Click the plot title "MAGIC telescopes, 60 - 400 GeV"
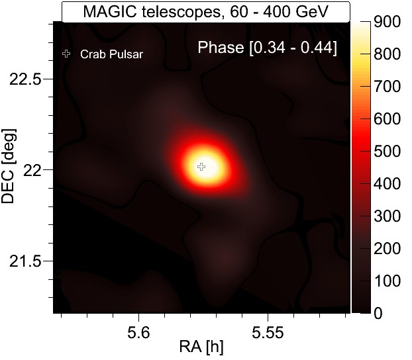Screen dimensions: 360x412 tap(205, 11)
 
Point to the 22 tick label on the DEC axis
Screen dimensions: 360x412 tap(36, 169)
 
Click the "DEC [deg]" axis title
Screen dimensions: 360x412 tap(10, 170)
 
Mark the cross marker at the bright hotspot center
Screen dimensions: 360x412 tap(202, 167)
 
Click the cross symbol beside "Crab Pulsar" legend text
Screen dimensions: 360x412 tap(66, 54)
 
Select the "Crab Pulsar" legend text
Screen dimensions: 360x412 tap(111, 54)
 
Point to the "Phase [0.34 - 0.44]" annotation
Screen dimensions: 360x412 tap(268, 48)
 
